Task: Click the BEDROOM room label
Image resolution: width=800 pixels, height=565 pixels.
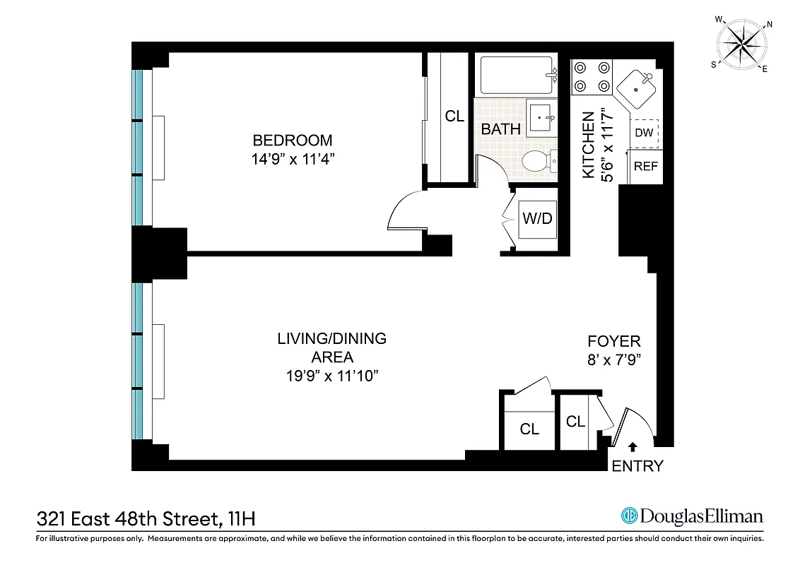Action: point(292,140)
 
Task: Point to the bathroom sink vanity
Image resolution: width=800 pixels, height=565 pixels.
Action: point(542,117)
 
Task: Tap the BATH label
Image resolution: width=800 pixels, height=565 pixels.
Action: point(500,129)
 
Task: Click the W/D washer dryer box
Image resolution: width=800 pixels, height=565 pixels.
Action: point(537,218)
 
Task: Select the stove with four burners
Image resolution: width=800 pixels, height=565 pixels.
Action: point(592,77)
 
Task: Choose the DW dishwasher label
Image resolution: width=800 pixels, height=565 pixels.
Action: point(643,133)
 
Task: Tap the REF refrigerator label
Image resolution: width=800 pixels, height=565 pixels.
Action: point(645,167)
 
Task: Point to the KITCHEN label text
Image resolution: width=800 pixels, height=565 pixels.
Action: point(588,145)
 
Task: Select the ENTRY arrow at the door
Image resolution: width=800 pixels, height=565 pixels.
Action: point(633,446)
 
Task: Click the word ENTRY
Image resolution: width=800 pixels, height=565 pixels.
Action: point(637,466)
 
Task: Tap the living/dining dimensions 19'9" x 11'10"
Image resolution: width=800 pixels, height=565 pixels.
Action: point(331,376)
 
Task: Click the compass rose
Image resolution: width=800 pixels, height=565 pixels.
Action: point(744,44)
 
